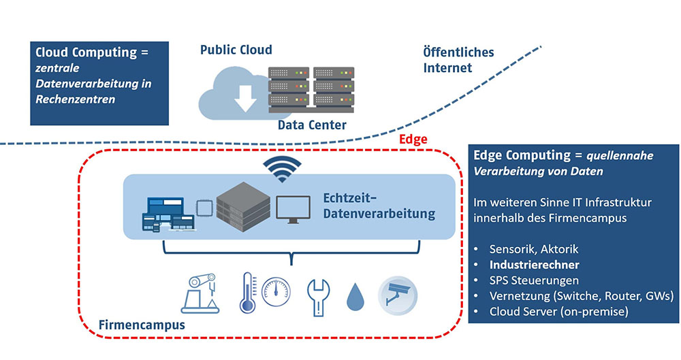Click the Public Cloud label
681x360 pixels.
[236, 50]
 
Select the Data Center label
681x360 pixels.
[312, 125]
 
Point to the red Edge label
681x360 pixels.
[413, 140]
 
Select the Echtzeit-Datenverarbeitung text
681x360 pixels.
[379, 206]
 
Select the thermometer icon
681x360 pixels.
[247, 293]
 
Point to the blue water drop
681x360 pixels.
[356, 297]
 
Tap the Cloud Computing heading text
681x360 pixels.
[91, 52]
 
